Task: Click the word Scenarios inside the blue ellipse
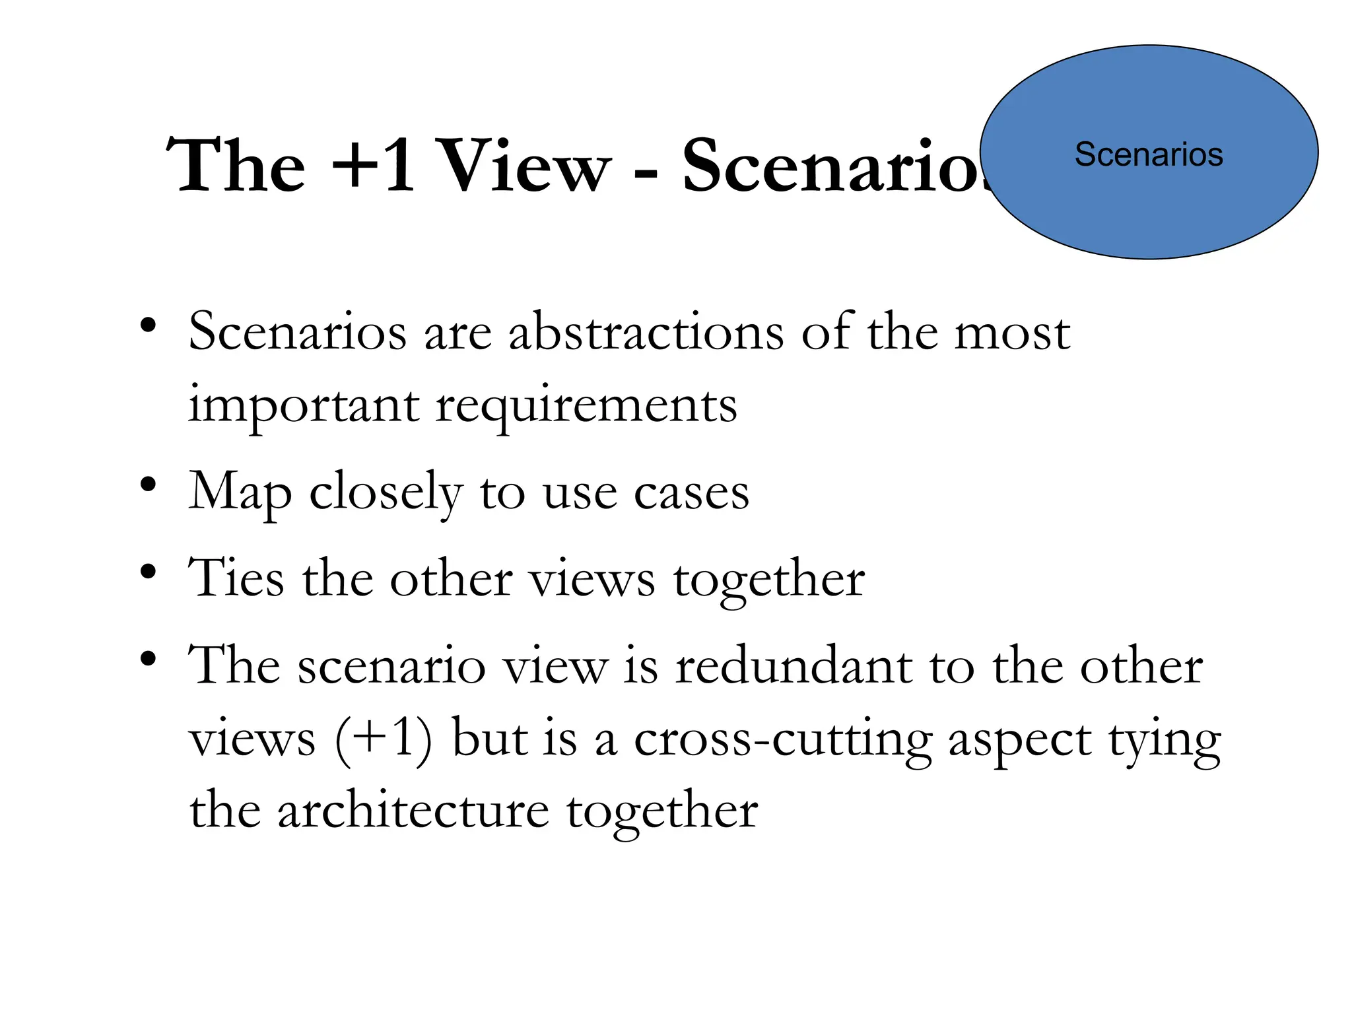1148,154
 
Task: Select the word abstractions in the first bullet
646,331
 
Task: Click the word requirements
586,405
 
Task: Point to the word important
304,405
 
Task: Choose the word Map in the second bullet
240,492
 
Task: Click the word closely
386,492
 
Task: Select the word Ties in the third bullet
236,578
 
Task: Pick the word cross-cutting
783,739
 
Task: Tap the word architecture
413,811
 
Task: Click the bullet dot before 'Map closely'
149,485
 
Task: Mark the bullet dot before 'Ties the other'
149,571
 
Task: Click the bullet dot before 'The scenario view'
149,658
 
